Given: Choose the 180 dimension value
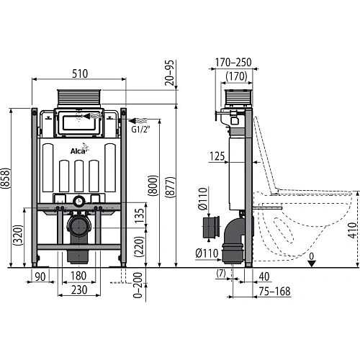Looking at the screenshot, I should coord(80,276).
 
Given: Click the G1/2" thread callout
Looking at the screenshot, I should coord(140,130).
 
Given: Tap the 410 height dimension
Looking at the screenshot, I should coord(351,232).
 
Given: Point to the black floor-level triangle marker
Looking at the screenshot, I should coord(311,263).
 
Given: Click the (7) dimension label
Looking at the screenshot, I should coord(221,274).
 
